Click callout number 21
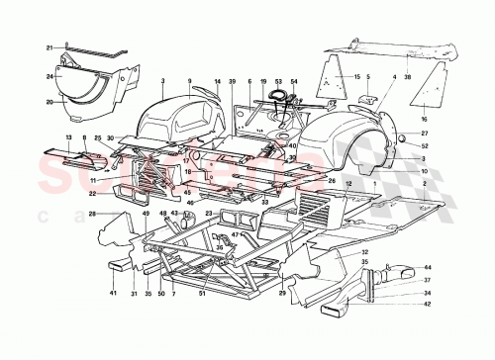(48, 47)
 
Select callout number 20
(49, 101)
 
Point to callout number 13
(69, 136)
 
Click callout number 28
(91, 213)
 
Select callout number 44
(429, 268)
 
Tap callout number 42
(429, 305)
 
